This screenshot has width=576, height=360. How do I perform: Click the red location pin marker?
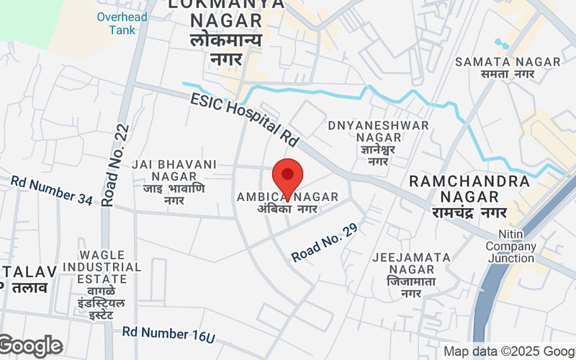coord(287,177)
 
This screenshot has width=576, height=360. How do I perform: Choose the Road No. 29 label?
coord(325,242)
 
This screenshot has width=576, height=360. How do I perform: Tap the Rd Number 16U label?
coord(168,333)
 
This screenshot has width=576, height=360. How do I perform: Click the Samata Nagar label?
coord(508,62)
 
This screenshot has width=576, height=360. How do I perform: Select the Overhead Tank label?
coord(122,23)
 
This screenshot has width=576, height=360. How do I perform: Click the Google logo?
coord(31,346)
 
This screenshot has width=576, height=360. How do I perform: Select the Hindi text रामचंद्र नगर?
coord(469,212)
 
